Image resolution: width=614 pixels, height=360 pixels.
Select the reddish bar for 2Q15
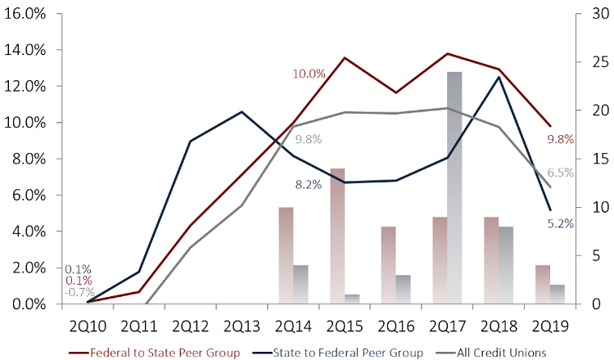(x=336, y=236)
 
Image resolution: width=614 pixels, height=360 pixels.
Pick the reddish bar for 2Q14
(x=286, y=255)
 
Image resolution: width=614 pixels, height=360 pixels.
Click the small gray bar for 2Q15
(x=353, y=299)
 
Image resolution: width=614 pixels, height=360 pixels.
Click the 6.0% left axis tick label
(x=27, y=195)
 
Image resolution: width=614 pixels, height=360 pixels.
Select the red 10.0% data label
(x=309, y=74)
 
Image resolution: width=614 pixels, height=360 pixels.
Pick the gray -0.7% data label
(x=80, y=293)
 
